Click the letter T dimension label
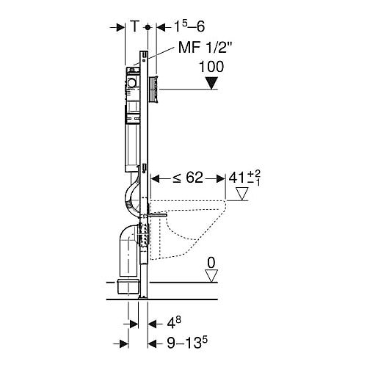(x=134, y=26)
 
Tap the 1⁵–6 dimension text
(x=189, y=26)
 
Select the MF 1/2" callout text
(x=205, y=47)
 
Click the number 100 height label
(x=211, y=67)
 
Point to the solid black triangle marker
(x=211, y=83)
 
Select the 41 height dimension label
(x=244, y=178)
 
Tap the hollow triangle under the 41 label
(x=242, y=194)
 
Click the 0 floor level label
(x=211, y=263)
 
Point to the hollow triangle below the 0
(x=211, y=276)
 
